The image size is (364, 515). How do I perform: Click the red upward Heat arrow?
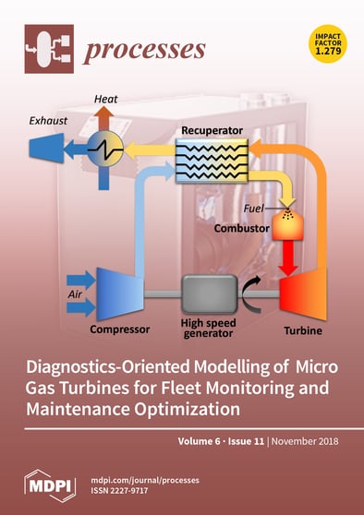point(107,119)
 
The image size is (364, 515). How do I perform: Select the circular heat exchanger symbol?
point(108,148)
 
